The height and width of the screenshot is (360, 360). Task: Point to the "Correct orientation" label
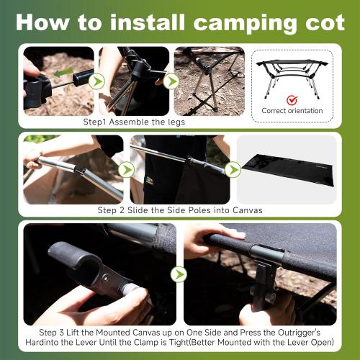coord(292,112)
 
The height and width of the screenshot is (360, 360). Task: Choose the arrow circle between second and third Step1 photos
coord(171,81)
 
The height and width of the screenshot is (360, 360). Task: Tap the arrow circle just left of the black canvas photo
coord(233,170)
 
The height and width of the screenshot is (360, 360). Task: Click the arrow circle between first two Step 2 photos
coord(126,170)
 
